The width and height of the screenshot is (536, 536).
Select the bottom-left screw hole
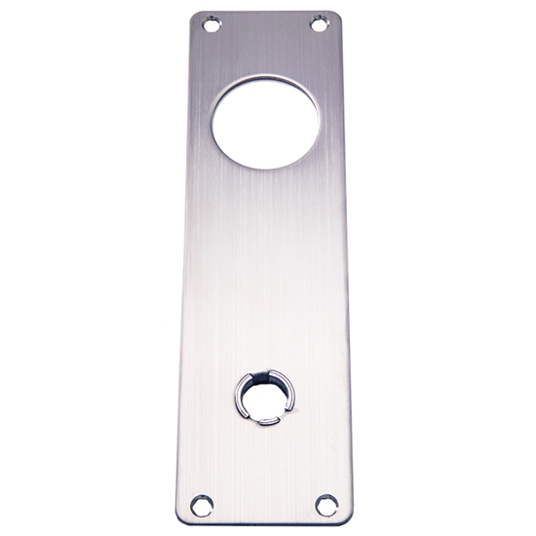(x=201, y=503)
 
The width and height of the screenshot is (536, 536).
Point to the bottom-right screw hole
(x=325, y=505)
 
